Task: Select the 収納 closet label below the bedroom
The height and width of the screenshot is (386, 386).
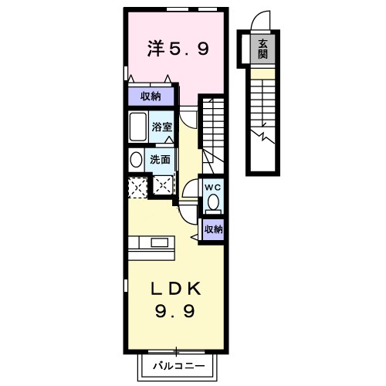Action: [151, 96]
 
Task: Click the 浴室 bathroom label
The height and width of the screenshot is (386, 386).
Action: [161, 126]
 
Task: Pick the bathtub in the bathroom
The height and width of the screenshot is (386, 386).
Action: [138, 127]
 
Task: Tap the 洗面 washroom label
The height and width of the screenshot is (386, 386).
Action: [161, 160]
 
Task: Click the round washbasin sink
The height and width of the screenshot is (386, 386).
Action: [136, 160]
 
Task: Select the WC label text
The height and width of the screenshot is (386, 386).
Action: [213, 186]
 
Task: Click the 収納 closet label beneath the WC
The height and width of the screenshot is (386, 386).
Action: [213, 229]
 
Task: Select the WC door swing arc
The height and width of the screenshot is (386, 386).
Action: [190, 189]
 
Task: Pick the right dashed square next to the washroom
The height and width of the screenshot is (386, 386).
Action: [163, 185]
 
